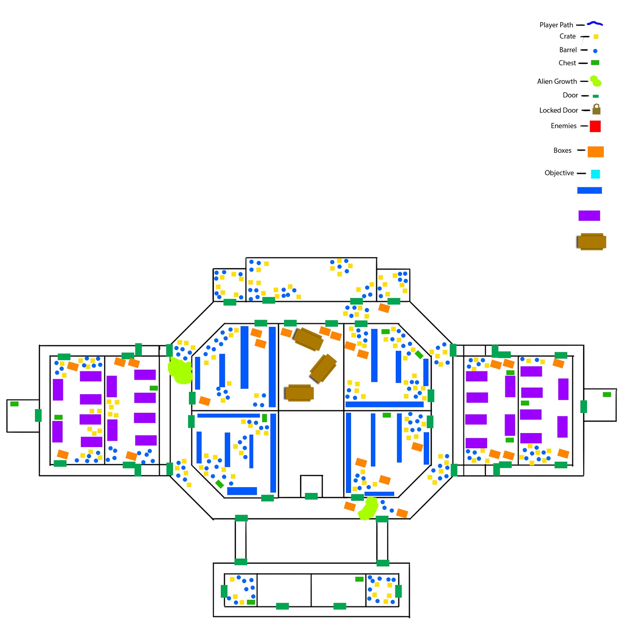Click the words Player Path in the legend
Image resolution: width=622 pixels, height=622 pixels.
[x=556, y=25]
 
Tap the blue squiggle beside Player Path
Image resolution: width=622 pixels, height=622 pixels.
[x=595, y=24]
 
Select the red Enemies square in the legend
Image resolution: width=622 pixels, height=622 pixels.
[x=595, y=126]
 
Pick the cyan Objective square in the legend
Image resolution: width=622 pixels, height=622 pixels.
[x=595, y=174]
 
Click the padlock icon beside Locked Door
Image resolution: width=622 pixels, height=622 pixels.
[x=596, y=109]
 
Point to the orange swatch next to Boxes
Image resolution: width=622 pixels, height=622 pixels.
[x=596, y=152]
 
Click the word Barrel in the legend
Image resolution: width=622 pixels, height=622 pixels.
[x=568, y=50]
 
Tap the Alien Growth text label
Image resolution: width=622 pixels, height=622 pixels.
[x=557, y=81]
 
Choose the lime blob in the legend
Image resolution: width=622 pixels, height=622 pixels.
[x=596, y=81]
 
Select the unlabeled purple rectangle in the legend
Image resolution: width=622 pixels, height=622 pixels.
[x=589, y=215]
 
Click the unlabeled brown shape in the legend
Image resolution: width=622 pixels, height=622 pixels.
[x=591, y=242]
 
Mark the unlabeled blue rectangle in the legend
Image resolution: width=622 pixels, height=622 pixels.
[x=589, y=190]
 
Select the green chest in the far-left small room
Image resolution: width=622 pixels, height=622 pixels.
[x=14, y=404]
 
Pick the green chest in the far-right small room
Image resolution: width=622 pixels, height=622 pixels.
[x=606, y=394]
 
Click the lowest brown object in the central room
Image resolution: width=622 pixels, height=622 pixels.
[x=299, y=393]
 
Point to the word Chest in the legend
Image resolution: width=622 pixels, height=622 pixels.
[x=567, y=63]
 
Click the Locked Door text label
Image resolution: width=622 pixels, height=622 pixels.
[x=558, y=110]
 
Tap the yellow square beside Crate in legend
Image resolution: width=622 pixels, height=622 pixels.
[x=596, y=37]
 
